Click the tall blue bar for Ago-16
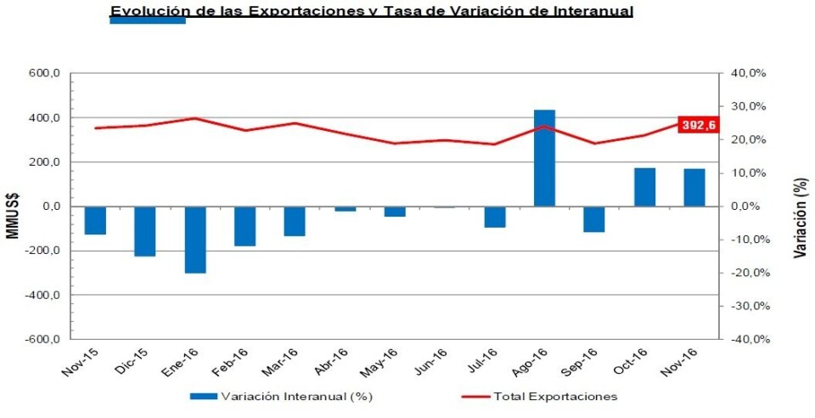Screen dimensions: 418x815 (x=544, y=158)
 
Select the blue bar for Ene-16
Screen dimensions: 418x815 (x=194, y=240)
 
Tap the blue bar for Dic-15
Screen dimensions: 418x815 (x=145, y=231)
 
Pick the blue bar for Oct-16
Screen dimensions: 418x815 (x=644, y=187)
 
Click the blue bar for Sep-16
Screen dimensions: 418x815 (x=594, y=219)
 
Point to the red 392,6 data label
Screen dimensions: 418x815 (x=700, y=124)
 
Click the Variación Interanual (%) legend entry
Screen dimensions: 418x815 (x=281, y=396)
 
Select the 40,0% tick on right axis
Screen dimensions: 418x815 (x=749, y=74)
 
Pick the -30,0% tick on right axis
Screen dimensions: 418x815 (x=748, y=306)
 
